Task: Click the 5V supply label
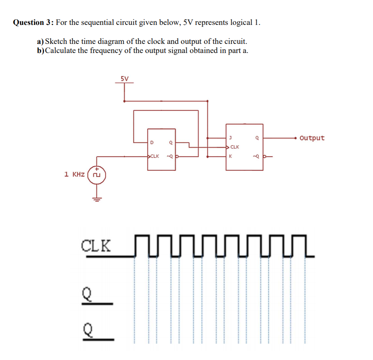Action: pyautogui.click(x=124, y=78)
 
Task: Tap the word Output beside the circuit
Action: pyautogui.click(x=312, y=138)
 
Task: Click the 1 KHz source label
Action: pyautogui.click(x=74, y=174)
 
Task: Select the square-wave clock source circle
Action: pyautogui.click(x=96, y=174)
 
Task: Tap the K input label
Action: pyautogui.click(x=230, y=156)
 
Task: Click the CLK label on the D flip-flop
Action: pyautogui.click(x=154, y=156)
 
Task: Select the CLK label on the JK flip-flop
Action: pyautogui.click(x=235, y=147)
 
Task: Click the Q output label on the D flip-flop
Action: pyautogui.click(x=170, y=142)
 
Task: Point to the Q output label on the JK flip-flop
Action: pyautogui.click(x=257, y=138)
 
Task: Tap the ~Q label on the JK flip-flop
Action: pyautogui.click(x=256, y=156)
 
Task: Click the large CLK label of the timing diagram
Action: pyautogui.click(x=95, y=245)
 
